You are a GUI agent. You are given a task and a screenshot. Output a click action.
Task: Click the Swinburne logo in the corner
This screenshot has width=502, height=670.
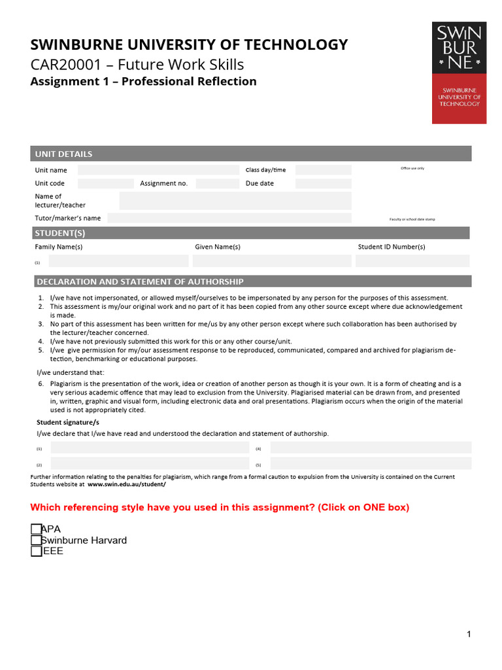[459, 73]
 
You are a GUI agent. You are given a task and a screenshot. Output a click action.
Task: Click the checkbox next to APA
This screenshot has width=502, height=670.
[36, 529]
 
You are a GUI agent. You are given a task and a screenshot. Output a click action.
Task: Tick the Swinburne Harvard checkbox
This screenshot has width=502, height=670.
[36, 540]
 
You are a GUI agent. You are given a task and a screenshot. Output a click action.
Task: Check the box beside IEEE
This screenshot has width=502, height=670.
[36, 551]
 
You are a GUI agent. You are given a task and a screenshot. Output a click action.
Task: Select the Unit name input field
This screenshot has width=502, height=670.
[158, 170]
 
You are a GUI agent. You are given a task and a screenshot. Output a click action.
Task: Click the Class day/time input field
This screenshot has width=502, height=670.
[323, 170]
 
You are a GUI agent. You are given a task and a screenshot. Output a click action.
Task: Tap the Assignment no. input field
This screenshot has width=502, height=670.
[217, 183]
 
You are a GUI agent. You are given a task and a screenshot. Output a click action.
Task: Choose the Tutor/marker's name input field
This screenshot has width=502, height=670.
[229, 218]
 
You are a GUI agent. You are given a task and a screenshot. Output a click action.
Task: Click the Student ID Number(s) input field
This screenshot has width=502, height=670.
[412, 261]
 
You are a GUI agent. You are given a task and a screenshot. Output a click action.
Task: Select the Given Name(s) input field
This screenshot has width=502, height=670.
[272, 261]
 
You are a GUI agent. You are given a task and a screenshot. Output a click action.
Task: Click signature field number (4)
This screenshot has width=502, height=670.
[370, 448]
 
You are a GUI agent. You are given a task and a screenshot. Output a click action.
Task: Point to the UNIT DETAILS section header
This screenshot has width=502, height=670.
[64, 154]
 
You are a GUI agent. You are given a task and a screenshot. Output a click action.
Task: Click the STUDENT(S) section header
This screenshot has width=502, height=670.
[60, 233]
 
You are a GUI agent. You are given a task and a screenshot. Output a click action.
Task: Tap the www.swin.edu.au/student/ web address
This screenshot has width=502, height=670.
[127, 484]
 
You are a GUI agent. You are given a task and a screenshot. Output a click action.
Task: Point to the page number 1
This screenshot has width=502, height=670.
[469, 633]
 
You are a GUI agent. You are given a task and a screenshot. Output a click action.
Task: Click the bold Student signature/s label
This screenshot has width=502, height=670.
[63, 423]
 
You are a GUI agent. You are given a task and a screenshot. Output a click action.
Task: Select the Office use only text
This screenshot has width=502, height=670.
[412, 168]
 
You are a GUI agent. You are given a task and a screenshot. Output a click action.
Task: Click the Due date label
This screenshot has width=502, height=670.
[259, 183]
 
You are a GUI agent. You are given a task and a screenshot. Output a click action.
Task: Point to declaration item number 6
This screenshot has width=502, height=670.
[41, 383]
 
